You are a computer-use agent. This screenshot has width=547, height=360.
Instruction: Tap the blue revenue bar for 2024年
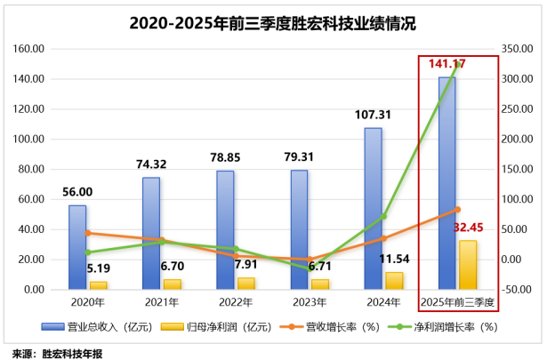pos(374,209)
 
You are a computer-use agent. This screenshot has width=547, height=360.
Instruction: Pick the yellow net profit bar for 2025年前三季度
pos(468,265)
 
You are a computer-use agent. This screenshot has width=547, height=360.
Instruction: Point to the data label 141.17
pos(448,63)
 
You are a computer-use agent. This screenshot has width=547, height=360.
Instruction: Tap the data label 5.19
pos(99,267)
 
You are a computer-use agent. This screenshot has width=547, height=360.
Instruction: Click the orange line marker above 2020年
pos(87,233)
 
